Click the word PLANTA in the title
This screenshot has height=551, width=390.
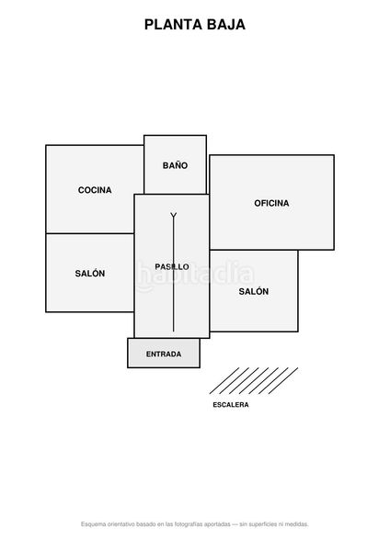click(173, 25)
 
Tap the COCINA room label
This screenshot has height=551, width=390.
click(95, 190)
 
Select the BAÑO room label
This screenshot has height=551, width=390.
click(175, 164)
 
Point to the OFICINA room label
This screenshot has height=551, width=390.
click(271, 203)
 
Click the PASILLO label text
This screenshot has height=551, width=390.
click(172, 266)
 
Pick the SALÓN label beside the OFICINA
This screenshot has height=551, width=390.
click(254, 291)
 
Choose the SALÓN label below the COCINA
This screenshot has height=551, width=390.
click(90, 273)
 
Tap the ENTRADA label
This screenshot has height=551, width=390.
click(164, 354)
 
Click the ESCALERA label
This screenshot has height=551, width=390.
click(231, 405)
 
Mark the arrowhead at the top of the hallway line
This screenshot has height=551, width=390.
click(173, 215)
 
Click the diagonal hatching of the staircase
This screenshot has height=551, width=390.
click(254, 380)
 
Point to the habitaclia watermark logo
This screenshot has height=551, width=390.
click(195, 276)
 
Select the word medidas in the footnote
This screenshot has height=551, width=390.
click(296, 524)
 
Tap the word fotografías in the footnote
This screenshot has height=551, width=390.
click(189, 524)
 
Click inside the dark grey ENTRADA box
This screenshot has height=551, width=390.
click(164, 353)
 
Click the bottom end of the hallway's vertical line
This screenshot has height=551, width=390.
click(173, 332)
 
